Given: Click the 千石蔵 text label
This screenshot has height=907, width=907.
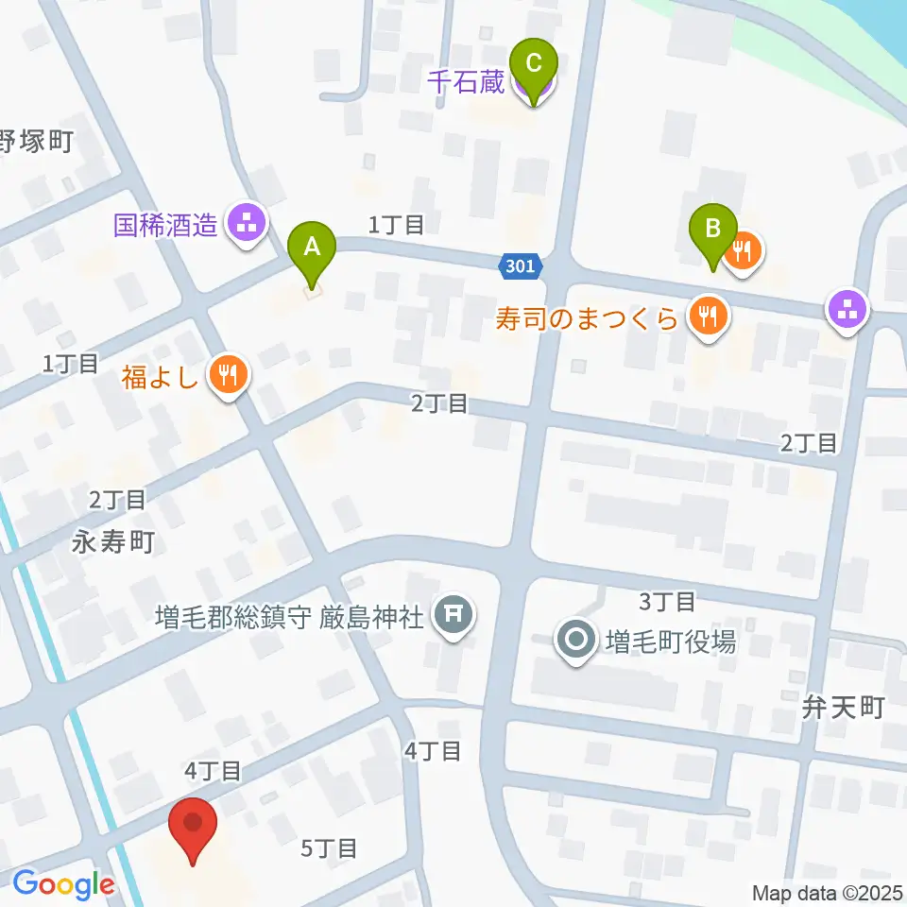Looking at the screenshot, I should click(467, 83).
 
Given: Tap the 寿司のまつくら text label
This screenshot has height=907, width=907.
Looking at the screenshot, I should click(588, 318).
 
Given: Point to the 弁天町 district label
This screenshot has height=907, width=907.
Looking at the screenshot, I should click(843, 707).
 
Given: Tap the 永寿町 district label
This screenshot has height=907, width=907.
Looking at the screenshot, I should click(112, 542).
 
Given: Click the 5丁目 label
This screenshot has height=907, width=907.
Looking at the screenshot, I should click(329, 848).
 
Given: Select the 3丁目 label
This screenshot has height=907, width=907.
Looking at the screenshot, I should click(668, 601).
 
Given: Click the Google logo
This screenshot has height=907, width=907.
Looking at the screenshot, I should click(63, 885).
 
